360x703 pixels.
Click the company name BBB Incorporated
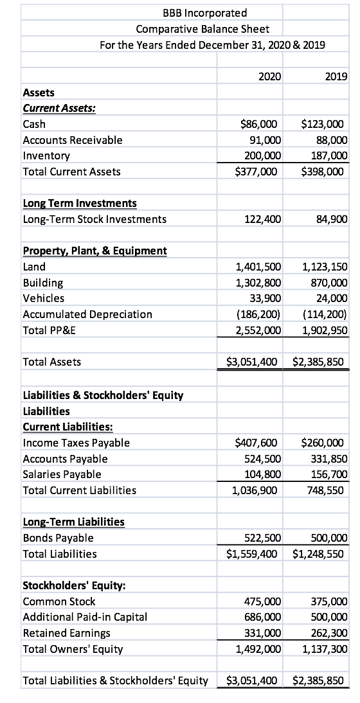click(x=190, y=13)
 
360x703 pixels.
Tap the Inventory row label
click(x=46, y=156)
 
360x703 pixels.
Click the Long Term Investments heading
click(x=80, y=203)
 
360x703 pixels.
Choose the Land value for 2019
click(x=324, y=267)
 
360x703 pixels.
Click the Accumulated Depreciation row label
click(x=87, y=314)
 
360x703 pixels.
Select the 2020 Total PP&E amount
click(x=259, y=330)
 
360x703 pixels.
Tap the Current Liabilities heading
click(x=69, y=426)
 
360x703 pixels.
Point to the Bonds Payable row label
click(x=58, y=538)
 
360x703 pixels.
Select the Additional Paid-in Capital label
click(x=85, y=617)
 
